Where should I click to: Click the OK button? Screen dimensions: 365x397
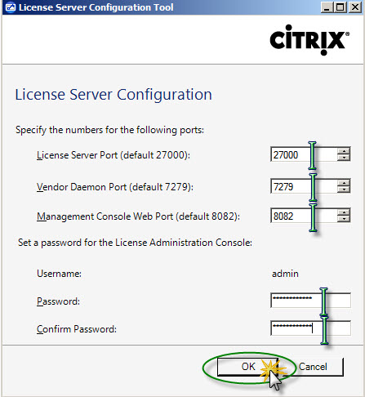point(247,367)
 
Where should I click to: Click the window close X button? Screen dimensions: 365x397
point(355,7)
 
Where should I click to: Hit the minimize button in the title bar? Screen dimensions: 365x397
point(327,7)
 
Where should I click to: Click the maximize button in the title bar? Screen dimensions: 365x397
point(341,7)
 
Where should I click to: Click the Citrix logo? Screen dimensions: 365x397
point(309,40)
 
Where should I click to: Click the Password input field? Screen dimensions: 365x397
point(310,300)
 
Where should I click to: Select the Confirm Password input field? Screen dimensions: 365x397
point(310,328)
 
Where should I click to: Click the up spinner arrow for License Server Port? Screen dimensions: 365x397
point(344,151)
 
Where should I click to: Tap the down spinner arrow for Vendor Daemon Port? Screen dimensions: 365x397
point(344,190)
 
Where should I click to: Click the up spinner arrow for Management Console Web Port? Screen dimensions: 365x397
point(344,212)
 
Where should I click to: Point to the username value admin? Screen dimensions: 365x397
point(285,274)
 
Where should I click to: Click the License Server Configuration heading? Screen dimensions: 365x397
point(114,95)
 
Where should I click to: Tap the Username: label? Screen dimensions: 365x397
point(59,274)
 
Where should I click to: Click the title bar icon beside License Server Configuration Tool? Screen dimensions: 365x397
point(10,7)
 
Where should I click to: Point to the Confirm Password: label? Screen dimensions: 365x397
point(77,329)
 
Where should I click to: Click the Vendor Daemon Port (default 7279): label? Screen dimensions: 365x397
point(115,187)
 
